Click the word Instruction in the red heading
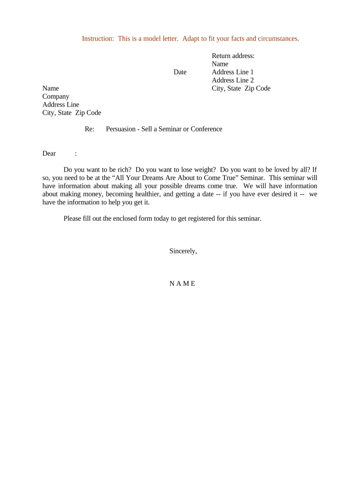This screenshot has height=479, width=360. [98, 38]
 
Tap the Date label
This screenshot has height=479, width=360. [180, 72]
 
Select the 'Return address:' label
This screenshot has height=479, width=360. [233, 56]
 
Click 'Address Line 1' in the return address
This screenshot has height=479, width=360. [233, 72]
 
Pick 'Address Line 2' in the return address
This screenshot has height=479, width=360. [233, 80]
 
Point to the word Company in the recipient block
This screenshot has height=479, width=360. [56, 96]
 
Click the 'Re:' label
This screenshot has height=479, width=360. [90, 129]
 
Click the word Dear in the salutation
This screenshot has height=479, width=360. [49, 153]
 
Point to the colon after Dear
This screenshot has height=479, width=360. [76, 153]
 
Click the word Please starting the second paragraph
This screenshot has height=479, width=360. [73, 218]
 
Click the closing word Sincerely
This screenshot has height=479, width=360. [183, 251]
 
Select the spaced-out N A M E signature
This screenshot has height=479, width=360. [182, 283]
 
